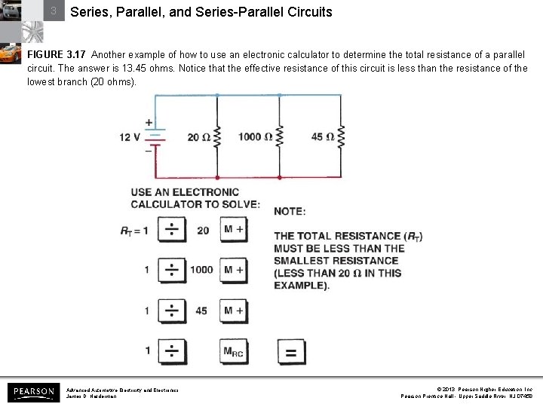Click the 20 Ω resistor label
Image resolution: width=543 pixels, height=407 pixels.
(198, 137)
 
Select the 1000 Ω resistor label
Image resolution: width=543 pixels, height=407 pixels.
(255, 136)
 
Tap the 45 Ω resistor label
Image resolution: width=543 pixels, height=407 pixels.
(322, 136)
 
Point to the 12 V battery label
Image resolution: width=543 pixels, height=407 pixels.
(130, 137)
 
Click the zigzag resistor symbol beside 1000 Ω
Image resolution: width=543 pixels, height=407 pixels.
(279, 137)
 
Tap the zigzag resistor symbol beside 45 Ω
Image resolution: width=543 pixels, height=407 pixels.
(341, 137)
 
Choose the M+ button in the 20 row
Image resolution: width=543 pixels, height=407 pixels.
(234, 229)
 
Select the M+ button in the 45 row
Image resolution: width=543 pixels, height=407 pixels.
(234, 311)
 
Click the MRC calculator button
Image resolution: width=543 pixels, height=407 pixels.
(234, 351)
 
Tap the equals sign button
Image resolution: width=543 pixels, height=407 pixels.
(291, 352)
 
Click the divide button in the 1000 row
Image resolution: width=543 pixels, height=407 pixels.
(172, 270)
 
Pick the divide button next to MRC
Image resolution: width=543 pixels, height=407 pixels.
(172, 351)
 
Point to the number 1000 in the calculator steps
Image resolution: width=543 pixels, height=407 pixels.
(201, 270)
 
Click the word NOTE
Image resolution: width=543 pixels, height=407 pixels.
(290, 212)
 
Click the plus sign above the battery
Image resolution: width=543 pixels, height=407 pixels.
(149, 121)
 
